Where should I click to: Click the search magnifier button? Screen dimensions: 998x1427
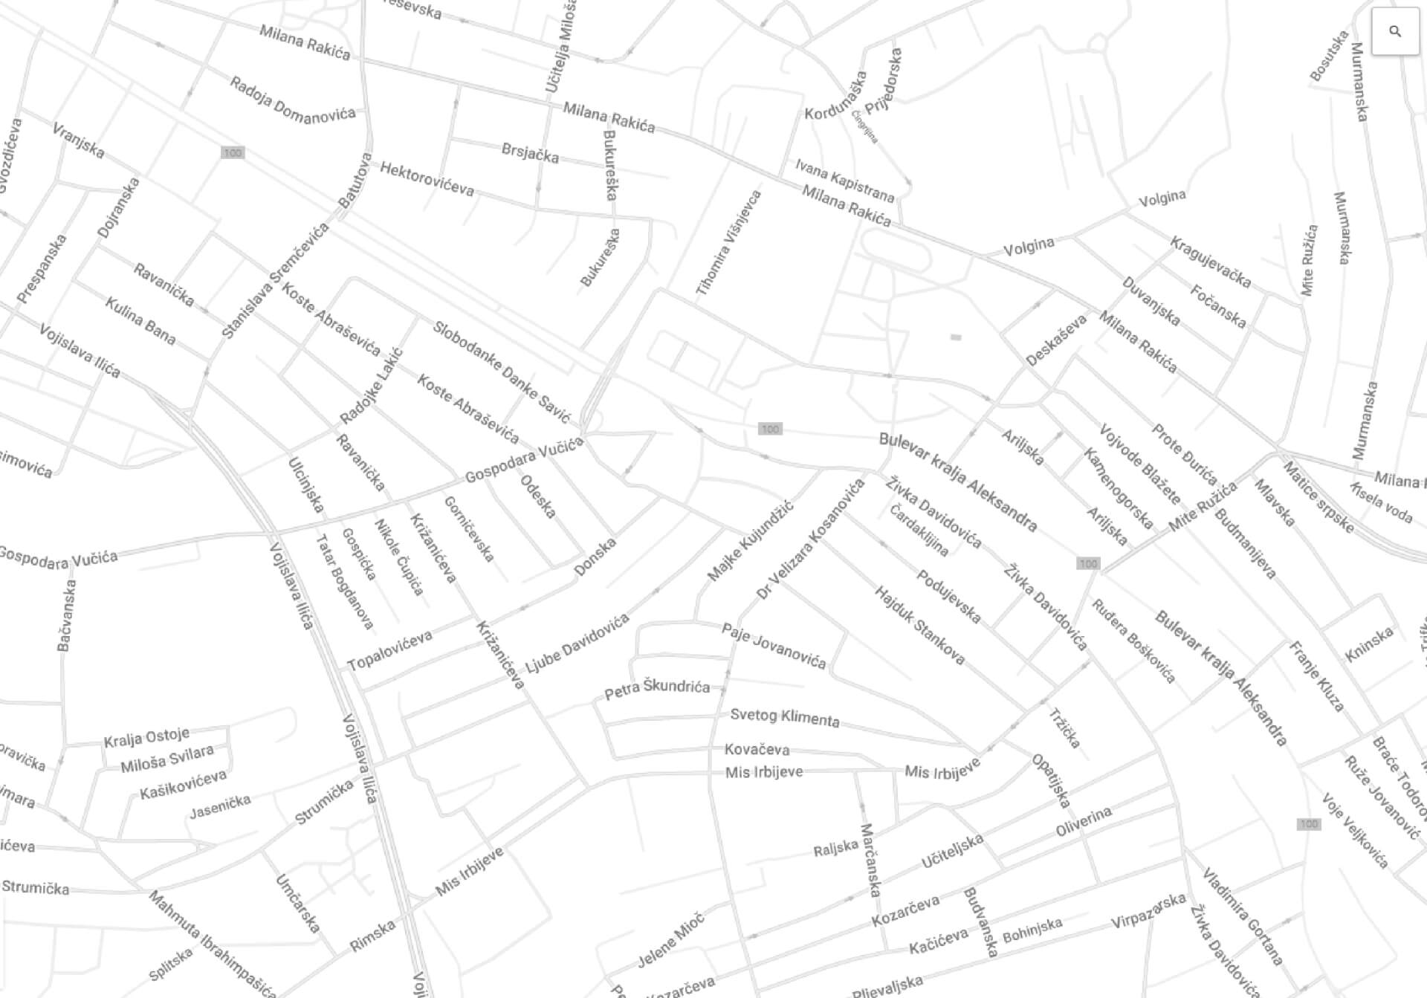(1394, 31)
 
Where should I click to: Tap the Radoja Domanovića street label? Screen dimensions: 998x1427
(292, 100)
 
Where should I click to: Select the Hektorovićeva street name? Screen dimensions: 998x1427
(427, 179)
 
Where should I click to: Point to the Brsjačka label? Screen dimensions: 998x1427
(530, 153)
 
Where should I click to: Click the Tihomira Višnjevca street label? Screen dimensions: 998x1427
(728, 244)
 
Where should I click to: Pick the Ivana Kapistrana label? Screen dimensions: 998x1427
(844, 180)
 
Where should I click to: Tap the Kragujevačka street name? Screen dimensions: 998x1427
(1211, 262)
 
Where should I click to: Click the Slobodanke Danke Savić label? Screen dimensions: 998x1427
(502, 372)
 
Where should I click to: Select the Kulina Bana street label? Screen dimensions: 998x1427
(140, 321)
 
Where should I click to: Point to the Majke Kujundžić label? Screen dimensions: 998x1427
(750, 541)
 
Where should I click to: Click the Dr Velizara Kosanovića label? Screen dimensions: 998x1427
(810, 539)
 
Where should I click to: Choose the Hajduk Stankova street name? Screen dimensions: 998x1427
(919, 625)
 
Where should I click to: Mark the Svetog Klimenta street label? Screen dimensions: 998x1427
(785, 717)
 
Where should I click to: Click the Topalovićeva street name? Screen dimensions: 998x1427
(389, 650)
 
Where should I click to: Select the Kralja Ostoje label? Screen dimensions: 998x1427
(146, 737)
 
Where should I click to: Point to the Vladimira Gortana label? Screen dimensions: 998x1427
(1243, 916)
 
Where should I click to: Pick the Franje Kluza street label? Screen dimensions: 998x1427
(1316, 676)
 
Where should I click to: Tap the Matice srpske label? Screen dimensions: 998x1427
(1318, 497)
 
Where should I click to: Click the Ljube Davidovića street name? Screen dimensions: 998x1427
(577, 644)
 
